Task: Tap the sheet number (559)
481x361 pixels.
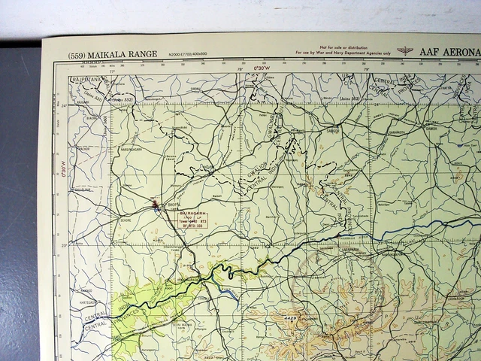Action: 77,54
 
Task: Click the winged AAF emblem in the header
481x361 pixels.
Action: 407,51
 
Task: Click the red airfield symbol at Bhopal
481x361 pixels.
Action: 156,204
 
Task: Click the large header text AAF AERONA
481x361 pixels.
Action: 448,53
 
